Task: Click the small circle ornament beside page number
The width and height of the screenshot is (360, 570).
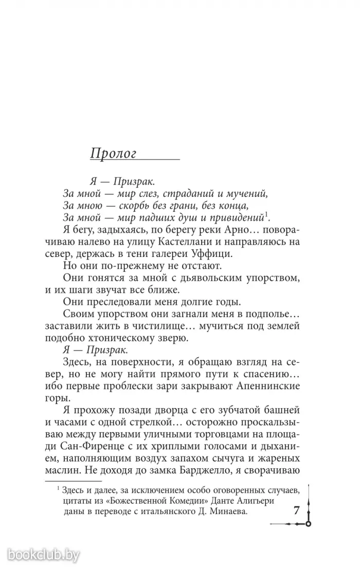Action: click(308, 523)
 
